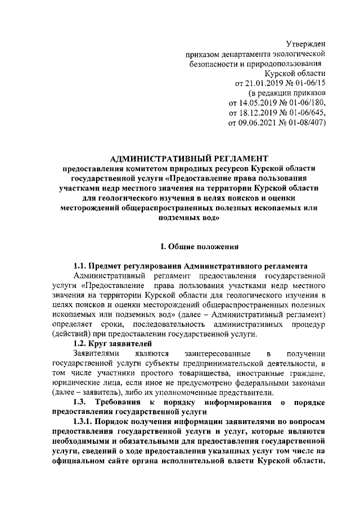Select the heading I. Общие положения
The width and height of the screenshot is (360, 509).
(x=200, y=246)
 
